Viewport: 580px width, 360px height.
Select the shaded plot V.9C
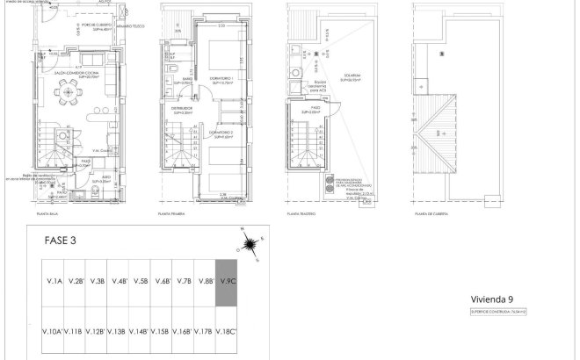227,283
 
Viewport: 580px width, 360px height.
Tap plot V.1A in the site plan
54,282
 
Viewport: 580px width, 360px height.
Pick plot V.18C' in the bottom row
227,331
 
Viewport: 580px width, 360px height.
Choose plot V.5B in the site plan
141,282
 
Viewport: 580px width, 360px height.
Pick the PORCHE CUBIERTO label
69,25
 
